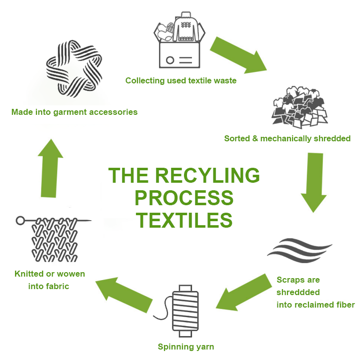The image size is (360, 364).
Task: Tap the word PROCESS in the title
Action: tap(184, 198)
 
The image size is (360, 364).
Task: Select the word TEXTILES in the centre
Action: tap(184, 220)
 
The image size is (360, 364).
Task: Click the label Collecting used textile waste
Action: tap(180, 80)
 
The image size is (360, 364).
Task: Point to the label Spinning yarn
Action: tap(185, 347)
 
